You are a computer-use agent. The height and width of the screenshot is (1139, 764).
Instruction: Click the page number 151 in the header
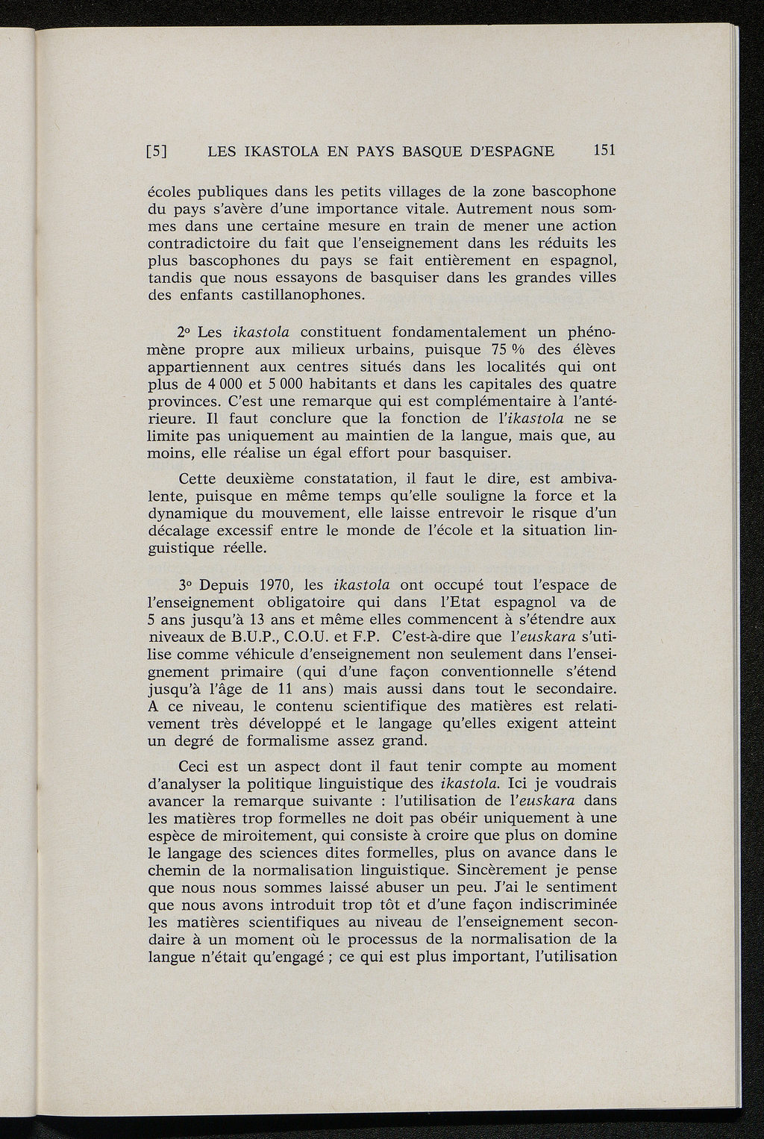[603, 150]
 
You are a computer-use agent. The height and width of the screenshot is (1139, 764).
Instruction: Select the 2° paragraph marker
[187, 331]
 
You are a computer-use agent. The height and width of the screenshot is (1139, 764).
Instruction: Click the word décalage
[181, 530]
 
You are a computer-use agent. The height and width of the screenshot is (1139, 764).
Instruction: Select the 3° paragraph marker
[187, 584]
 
